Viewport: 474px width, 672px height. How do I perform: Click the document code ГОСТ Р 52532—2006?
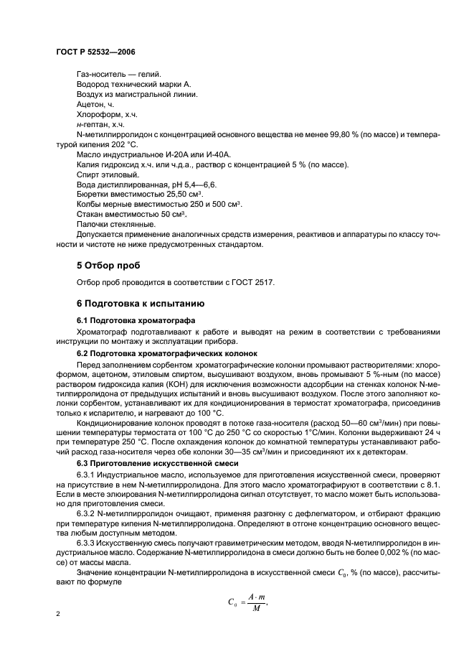[95, 52]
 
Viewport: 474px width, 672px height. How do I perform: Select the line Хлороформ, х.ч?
[106, 114]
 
